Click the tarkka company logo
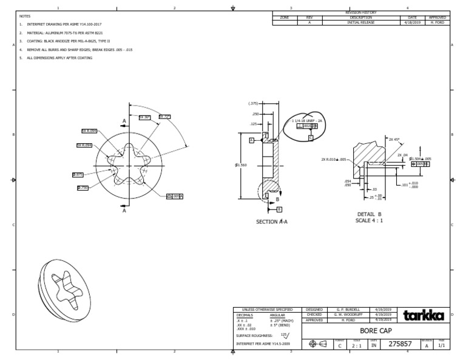[424, 315]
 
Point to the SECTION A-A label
[271, 222]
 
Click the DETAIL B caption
[370, 214]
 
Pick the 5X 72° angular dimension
[164, 117]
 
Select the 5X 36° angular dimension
[144, 117]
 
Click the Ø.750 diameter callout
[83, 188]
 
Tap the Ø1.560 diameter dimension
[241, 165]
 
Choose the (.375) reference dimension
[253, 104]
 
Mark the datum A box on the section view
[251, 140]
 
